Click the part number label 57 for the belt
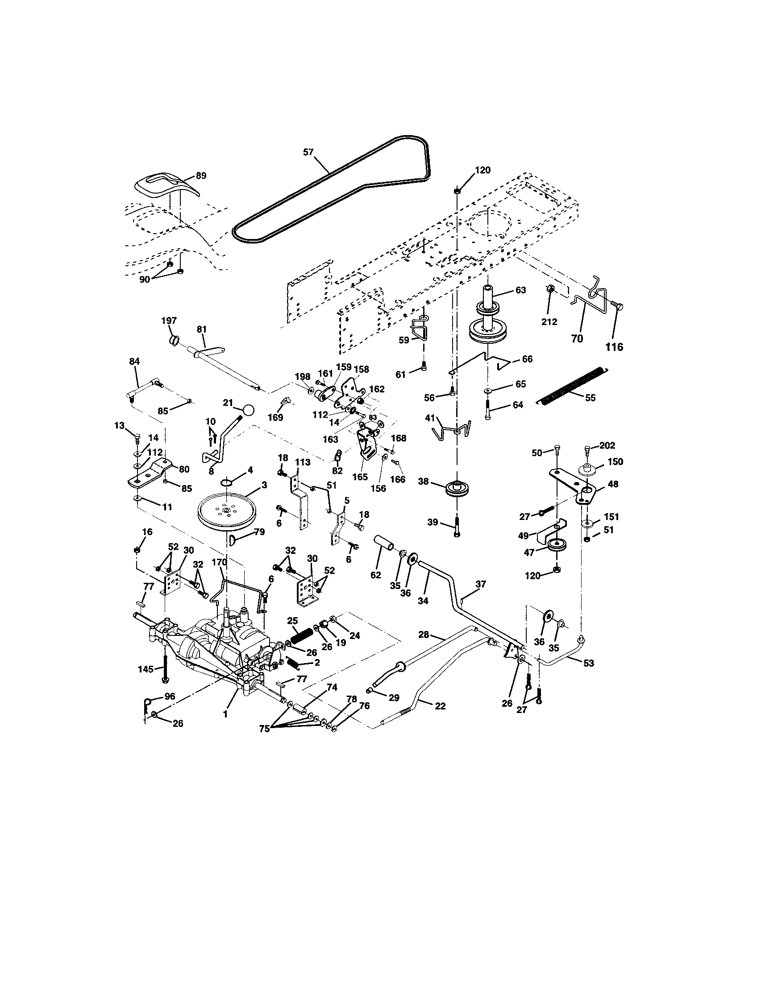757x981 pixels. [308, 152]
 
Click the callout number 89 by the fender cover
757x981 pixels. [201, 176]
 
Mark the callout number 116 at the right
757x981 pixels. [614, 347]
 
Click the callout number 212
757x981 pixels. [549, 322]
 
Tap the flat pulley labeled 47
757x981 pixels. [557, 546]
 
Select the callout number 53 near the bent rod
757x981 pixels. [588, 663]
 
